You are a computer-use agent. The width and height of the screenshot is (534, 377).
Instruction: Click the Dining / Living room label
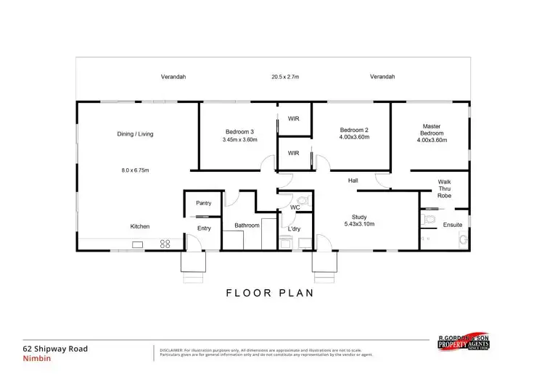(135, 133)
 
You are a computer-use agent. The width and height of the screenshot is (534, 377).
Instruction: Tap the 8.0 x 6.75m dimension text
(135, 170)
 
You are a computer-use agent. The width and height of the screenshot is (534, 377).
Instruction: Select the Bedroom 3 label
(238, 131)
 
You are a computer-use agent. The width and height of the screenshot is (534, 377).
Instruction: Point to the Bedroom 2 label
(355, 130)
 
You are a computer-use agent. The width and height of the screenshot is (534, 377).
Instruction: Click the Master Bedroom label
(432, 130)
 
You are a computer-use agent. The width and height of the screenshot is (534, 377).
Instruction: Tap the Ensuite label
(453, 225)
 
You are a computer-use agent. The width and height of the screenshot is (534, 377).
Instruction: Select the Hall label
(353, 180)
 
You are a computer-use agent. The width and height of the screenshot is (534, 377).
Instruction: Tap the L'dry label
(295, 229)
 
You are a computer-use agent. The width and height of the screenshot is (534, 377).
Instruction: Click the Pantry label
(203, 203)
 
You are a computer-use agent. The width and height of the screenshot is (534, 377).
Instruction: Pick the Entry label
(204, 229)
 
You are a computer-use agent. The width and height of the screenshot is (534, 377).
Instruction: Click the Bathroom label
(247, 225)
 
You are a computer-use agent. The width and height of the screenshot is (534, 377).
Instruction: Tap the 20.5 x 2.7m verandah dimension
(286, 76)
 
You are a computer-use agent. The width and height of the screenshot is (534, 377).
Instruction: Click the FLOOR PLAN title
(269, 294)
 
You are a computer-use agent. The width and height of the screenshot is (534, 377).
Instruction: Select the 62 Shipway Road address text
(55, 349)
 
